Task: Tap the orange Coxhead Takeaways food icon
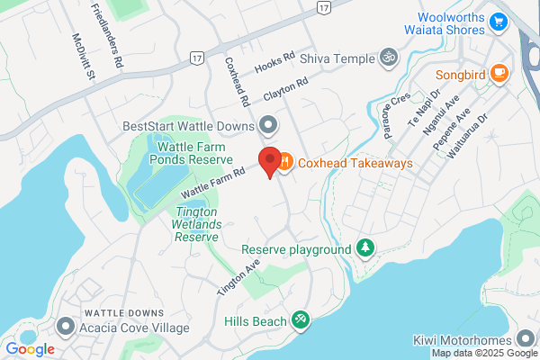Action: click(x=284, y=163)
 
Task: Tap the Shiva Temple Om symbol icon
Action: click(x=388, y=58)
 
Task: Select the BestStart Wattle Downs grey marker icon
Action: click(x=267, y=123)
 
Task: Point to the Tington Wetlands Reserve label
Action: click(x=196, y=223)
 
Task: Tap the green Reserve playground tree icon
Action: click(x=365, y=247)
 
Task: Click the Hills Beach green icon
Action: click(x=301, y=320)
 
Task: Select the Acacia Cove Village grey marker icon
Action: click(x=66, y=326)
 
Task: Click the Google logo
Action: click(x=30, y=349)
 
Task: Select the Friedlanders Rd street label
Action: click(x=106, y=36)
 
